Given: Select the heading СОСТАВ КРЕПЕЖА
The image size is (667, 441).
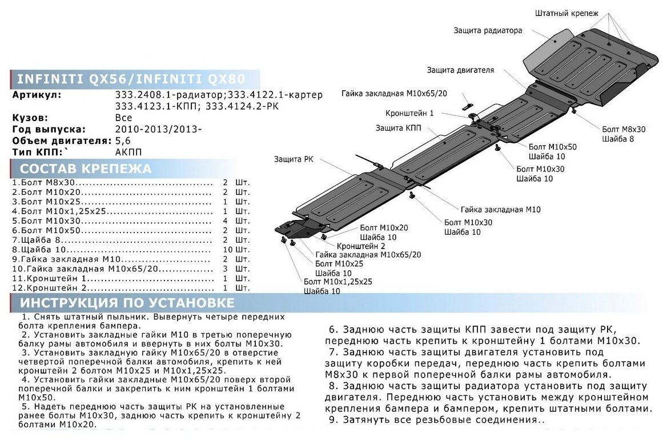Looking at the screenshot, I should (86, 169).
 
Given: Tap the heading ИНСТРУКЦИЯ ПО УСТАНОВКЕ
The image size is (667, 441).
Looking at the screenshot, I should (127, 302).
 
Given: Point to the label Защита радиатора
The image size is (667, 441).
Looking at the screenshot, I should (488, 30).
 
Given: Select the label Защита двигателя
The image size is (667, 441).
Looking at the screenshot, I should (460, 70).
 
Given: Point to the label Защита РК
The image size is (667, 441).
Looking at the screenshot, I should (293, 159).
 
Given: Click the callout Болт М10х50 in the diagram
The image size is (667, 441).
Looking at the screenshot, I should (552, 147).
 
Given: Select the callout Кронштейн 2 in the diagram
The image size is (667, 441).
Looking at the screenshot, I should (357, 246).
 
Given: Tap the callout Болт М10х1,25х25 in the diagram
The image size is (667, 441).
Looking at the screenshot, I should (337, 282).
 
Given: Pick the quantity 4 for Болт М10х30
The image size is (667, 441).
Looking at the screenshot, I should (225, 220).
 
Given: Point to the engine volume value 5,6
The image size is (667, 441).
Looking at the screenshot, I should (122, 141).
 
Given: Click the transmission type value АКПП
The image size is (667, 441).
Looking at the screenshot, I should (128, 152).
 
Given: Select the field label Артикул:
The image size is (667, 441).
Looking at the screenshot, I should (37, 95).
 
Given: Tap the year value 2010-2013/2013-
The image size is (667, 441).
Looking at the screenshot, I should (158, 129).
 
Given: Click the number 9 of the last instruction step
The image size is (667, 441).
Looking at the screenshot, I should (332, 420).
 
